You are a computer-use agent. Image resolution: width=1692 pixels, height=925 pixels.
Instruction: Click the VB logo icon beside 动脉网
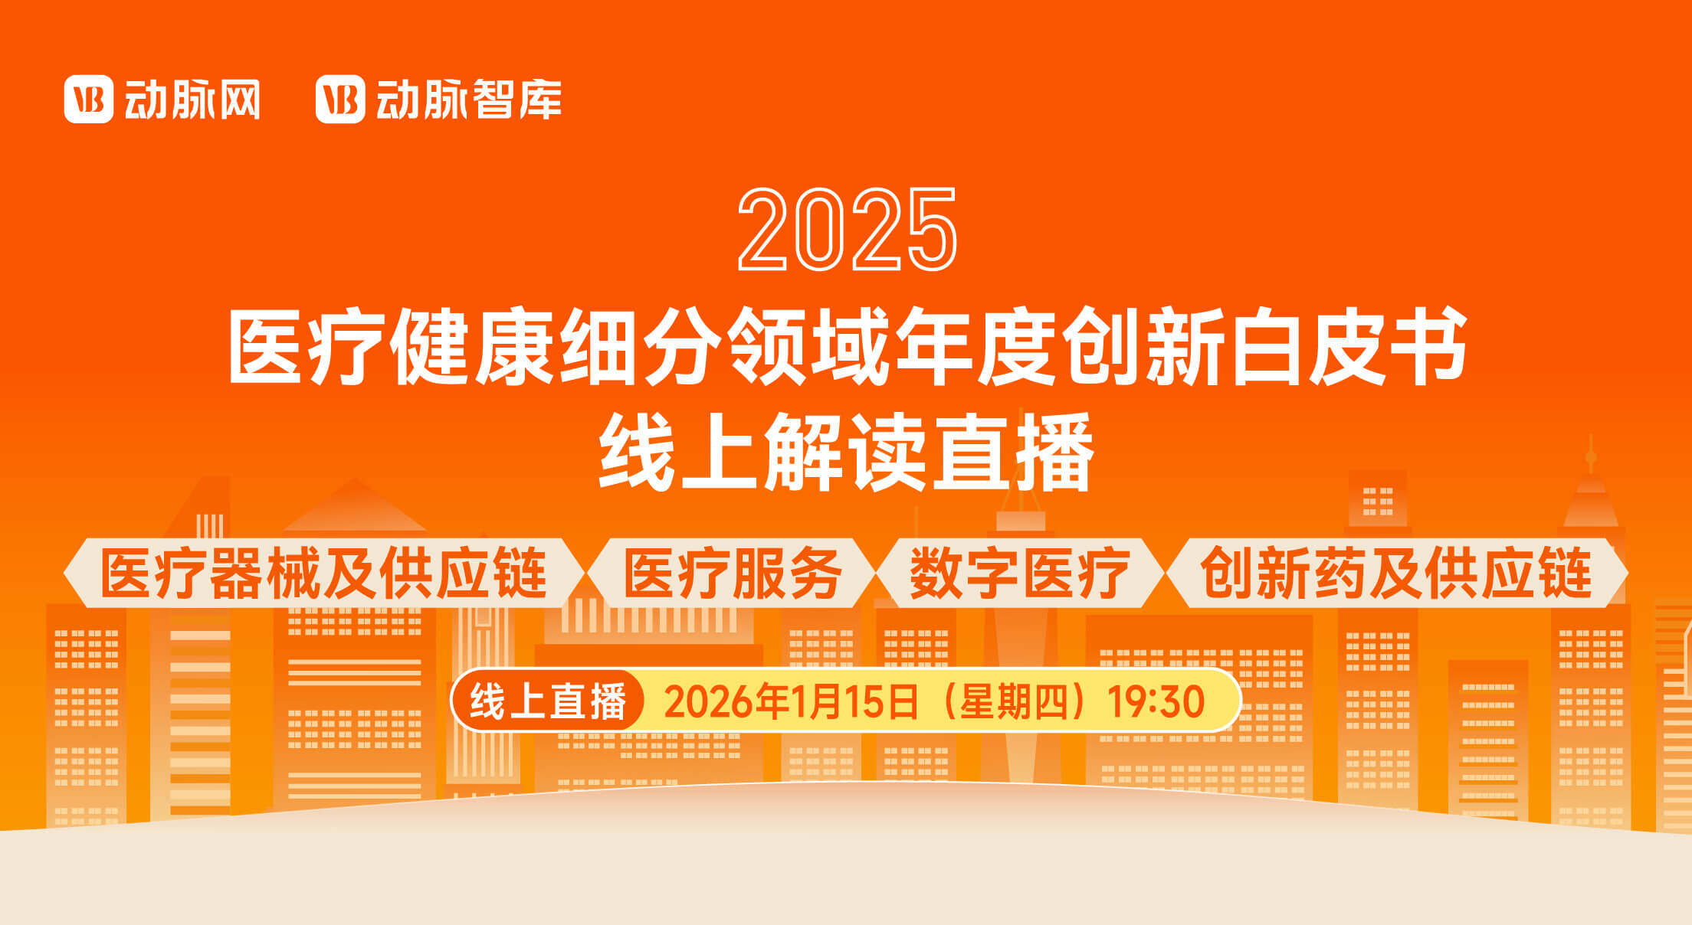[89, 99]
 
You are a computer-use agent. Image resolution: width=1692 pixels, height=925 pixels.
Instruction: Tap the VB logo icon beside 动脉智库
[340, 99]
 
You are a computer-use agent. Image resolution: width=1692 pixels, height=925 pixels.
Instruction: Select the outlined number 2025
[848, 229]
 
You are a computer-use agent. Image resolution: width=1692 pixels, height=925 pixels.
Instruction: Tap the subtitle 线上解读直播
[846, 451]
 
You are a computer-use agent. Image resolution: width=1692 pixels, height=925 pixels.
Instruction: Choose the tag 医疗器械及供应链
[324, 573]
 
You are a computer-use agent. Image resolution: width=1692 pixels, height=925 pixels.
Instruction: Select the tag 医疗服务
[733, 573]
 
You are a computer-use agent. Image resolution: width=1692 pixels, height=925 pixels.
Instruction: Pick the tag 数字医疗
[1019, 573]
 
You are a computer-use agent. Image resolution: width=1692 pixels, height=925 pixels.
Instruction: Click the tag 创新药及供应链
[1396, 573]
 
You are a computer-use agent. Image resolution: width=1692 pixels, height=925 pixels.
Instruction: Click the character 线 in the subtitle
[637, 451]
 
